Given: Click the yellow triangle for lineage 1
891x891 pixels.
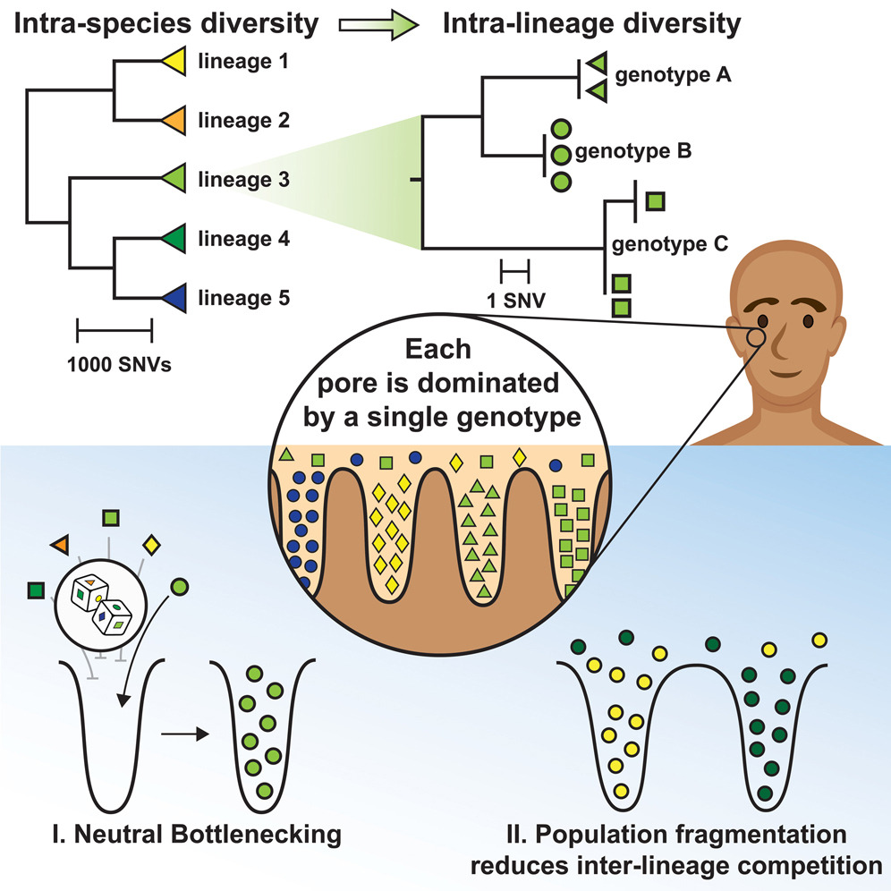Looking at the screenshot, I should click(172, 63).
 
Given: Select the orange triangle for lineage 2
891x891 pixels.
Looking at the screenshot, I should click(172, 120).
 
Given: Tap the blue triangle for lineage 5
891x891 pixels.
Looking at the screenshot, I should click(172, 298).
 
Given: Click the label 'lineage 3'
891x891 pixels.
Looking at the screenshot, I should click(242, 179).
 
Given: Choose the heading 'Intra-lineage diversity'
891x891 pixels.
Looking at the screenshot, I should click(591, 24).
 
